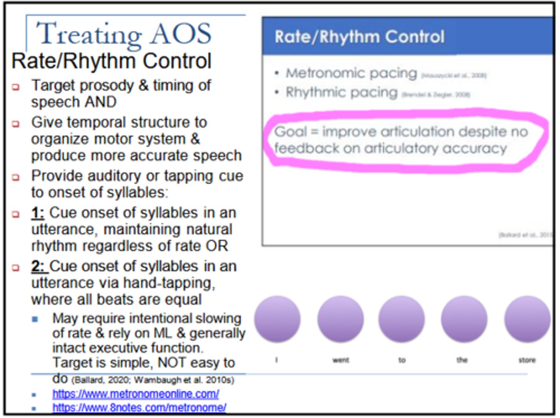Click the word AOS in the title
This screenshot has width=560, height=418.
tap(181, 34)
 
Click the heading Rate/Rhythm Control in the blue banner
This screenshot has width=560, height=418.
tap(359, 37)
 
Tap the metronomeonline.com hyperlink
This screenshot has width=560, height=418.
tap(135, 394)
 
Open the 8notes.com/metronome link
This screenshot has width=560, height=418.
tap(139, 407)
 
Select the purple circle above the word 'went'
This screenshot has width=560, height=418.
tap(340, 319)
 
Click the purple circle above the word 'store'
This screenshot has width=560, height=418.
tap(527, 319)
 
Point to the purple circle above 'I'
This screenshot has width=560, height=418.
tap(277, 319)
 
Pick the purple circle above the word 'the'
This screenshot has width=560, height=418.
tap(464, 319)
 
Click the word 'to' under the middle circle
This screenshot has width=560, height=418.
tap(402, 360)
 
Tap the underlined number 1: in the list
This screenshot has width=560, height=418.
tap(38, 213)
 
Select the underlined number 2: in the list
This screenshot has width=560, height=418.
tap(38, 266)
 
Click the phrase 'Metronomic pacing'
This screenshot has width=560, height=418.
tap(351, 73)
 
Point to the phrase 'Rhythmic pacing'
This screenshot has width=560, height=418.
tap(341, 92)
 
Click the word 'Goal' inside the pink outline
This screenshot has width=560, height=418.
tap(290, 132)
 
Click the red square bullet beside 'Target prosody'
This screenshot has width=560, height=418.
tap(16, 87)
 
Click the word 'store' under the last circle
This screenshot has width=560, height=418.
tap(527, 360)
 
